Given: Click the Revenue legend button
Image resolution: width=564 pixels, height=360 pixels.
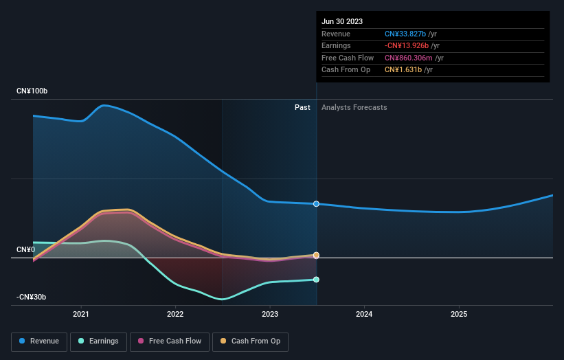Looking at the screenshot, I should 40,341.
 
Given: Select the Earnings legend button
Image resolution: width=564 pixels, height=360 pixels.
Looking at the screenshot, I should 98,341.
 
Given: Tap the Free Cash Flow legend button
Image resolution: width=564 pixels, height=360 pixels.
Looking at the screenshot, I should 169,341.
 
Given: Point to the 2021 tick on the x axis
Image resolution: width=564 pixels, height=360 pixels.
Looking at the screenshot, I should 81,315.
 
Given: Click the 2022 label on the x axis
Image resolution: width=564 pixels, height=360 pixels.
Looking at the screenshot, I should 175,315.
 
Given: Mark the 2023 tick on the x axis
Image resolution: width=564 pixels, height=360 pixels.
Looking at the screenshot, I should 270,315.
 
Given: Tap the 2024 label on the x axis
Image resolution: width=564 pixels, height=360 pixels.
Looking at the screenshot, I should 364,315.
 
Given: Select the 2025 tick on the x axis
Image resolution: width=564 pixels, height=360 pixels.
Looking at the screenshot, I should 459,315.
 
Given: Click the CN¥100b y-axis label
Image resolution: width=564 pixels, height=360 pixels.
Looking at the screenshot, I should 32,91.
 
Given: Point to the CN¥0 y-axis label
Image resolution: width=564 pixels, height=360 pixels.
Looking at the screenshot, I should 25,249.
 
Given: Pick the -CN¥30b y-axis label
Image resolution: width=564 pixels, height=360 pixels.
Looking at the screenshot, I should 32,297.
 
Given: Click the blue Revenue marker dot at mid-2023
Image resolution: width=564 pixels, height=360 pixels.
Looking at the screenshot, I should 316,204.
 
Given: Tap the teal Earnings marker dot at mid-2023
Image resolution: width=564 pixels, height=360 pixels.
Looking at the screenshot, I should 316,280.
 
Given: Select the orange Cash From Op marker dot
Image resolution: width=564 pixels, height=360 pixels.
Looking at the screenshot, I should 316,255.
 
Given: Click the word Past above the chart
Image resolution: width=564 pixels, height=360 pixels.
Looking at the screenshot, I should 302,107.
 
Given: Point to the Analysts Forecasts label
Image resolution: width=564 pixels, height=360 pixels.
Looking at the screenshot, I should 354,107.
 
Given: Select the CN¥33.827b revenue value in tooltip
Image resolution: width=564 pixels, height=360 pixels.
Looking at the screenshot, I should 405,34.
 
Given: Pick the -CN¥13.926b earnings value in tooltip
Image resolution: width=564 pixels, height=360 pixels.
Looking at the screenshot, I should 407,46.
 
